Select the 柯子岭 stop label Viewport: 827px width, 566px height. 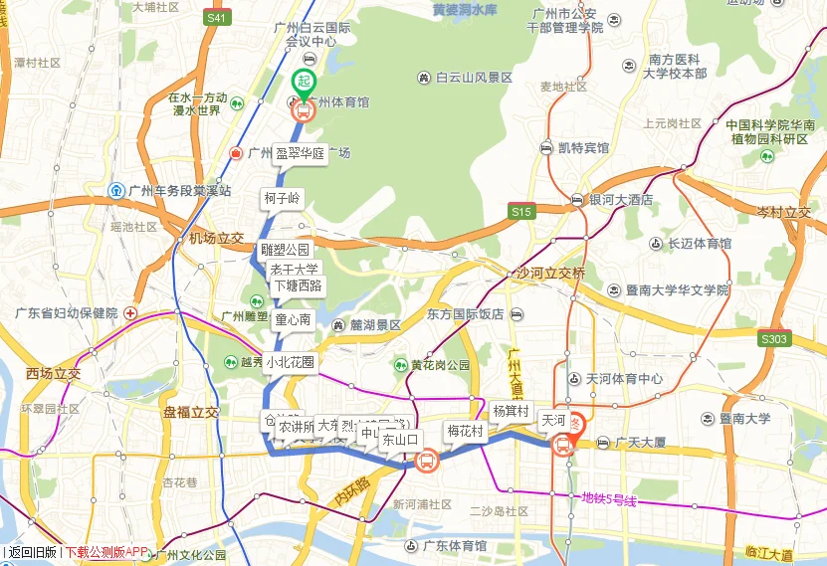(x=282, y=199)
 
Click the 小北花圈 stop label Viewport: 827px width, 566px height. (x=290, y=363)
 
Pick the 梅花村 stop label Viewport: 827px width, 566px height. (x=465, y=431)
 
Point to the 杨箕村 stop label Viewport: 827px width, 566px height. (x=511, y=411)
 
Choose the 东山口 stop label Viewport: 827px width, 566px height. (x=401, y=438)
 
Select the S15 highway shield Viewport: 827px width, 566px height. (x=520, y=212)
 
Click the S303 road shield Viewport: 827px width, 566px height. (x=773, y=339)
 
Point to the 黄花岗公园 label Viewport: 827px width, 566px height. (x=439, y=365)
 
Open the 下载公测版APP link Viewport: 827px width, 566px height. (x=104, y=552)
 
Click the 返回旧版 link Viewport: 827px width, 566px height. (x=32, y=552)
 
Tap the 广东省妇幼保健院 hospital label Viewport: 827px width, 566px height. (x=67, y=313)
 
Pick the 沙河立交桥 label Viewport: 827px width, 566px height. (x=551, y=273)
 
